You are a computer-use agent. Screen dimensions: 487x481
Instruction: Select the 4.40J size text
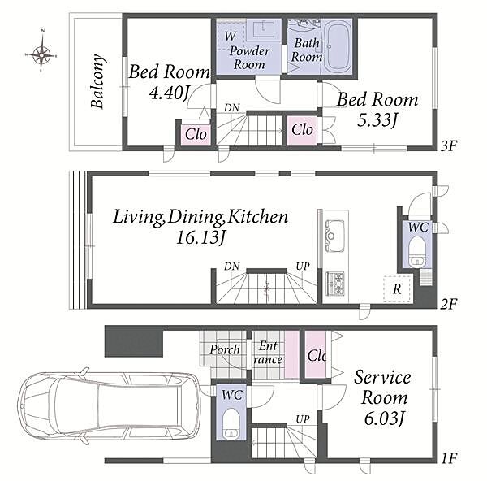pos(170,93)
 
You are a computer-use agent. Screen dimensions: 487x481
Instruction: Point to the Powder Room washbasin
pos(264,31)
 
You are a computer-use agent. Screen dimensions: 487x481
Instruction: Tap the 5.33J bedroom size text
pos(377,120)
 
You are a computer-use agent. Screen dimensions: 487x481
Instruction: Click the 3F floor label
pos(449,145)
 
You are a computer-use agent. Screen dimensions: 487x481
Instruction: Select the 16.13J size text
pos(200,238)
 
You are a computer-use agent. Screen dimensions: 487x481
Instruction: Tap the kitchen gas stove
pos(335,284)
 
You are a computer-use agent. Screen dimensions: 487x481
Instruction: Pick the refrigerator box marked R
pos(397,289)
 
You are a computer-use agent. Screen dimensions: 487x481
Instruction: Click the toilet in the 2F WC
pos(416,253)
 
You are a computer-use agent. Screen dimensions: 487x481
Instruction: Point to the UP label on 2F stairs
pos(303,266)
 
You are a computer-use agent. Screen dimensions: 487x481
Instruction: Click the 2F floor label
pos(449,303)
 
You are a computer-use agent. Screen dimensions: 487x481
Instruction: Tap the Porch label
pos(225,350)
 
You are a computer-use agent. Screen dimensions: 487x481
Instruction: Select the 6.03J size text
pos(385,418)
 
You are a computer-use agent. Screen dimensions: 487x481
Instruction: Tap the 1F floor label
pos(449,458)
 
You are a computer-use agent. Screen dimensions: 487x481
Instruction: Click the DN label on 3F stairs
pos(231,107)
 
